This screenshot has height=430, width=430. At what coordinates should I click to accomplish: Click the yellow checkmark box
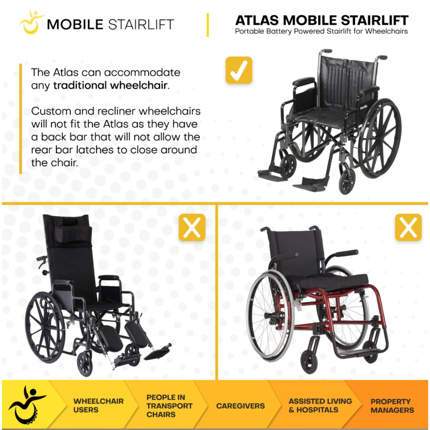[239, 70]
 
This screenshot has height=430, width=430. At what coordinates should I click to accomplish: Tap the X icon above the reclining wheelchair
[192, 227]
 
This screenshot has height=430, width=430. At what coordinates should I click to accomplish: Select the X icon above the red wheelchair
[408, 227]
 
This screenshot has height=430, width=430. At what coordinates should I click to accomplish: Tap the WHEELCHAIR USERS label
[98, 405]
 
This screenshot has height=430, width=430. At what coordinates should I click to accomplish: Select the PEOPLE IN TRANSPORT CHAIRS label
[169, 406]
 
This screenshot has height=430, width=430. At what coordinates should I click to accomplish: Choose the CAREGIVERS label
[240, 406]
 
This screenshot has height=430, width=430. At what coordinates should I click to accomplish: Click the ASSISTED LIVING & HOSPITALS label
[320, 405]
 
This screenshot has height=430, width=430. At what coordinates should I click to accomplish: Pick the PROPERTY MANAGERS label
[392, 406]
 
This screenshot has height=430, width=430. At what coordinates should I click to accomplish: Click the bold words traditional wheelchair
[110, 86]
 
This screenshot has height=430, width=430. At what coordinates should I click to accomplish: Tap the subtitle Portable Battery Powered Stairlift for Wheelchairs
[321, 31]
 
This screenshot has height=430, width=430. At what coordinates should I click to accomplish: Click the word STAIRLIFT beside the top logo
[141, 24]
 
